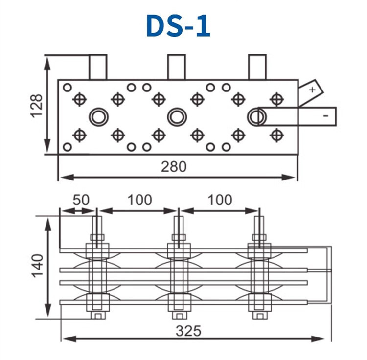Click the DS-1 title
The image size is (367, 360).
(x=178, y=25)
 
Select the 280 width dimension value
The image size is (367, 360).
(x=174, y=167)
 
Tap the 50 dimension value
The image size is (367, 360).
(x=81, y=200)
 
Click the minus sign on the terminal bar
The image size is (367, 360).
(x=325, y=115)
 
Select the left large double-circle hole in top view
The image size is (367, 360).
(x=98, y=116)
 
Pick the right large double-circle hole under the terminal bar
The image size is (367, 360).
(x=255, y=116)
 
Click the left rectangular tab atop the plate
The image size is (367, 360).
(x=98, y=67)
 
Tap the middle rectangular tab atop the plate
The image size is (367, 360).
(x=177, y=67)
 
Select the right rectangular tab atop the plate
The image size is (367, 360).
(x=256, y=67)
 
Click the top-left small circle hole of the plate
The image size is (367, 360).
(x=68, y=88)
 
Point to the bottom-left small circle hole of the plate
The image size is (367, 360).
(x=68, y=146)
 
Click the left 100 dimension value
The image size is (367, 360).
(x=139, y=200)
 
